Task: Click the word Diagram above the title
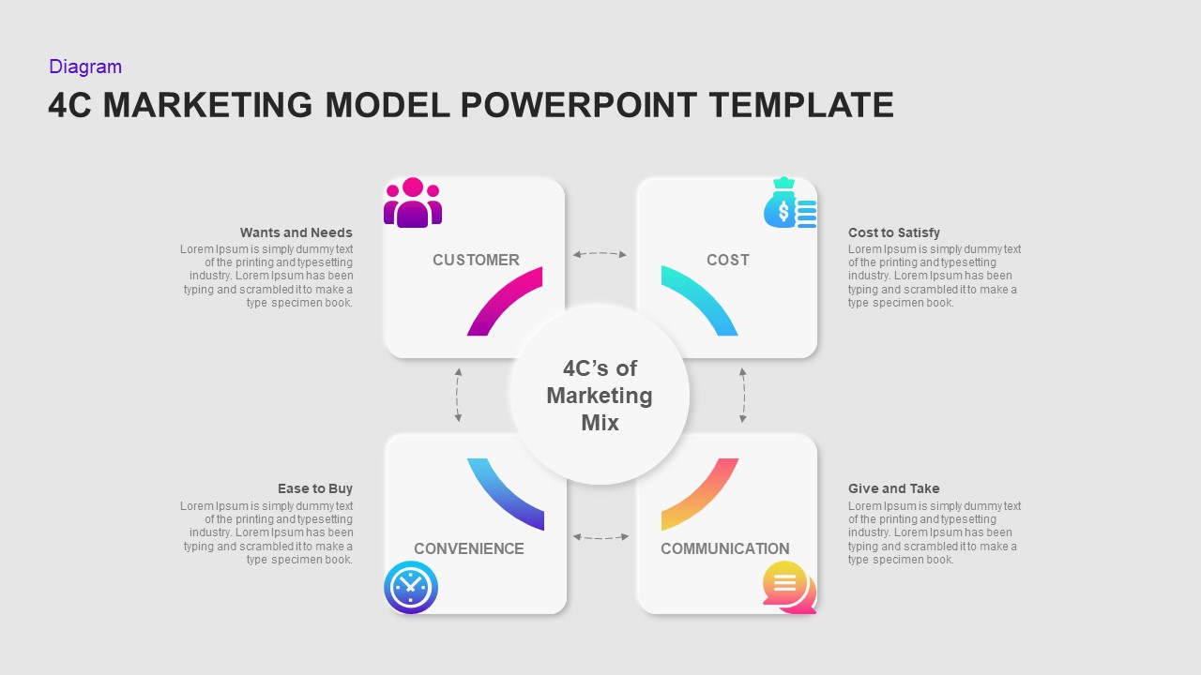pos(85,67)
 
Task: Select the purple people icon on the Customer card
pos(413,202)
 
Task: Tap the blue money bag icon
pos(788,203)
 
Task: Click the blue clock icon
pos(411,588)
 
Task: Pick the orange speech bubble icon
pos(787,586)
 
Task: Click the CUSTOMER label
pos(476,260)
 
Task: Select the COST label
pos(727,260)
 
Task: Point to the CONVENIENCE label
pos(469,548)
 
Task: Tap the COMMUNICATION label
pos(724,548)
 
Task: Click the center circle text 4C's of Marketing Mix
pos(600,395)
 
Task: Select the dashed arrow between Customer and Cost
pos(600,253)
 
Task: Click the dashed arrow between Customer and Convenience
pos(458,395)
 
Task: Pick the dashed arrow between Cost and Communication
pos(743,395)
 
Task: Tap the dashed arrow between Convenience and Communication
pos(600,537)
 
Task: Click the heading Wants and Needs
pos(296,232)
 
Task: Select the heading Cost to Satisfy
pos(893,232)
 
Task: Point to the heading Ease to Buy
pos(314,488)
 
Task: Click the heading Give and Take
pos(893,488)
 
